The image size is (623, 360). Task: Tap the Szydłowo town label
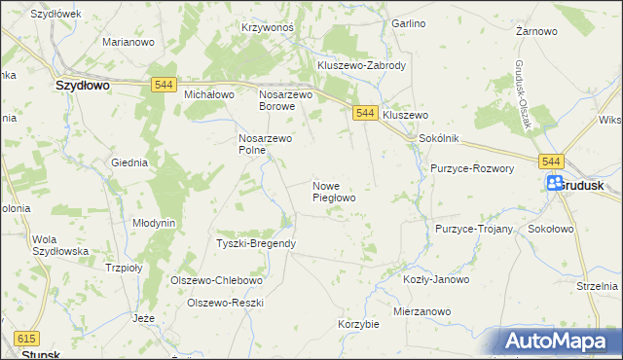(81, 86)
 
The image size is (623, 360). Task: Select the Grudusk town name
(586, 184)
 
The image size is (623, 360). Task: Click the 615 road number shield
(26, 338)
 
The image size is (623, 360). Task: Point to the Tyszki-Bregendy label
(255, 242)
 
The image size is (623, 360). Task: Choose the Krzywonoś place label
(267, 28)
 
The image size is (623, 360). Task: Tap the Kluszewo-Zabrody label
(361, 65)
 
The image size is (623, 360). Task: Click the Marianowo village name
(129, 43)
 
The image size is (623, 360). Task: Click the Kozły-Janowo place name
(435, 279)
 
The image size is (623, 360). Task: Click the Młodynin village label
(154, 223)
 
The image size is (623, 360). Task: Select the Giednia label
(129, 162)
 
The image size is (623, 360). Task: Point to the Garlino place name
(409, 22)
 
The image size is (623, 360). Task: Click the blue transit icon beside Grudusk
(554, 183)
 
